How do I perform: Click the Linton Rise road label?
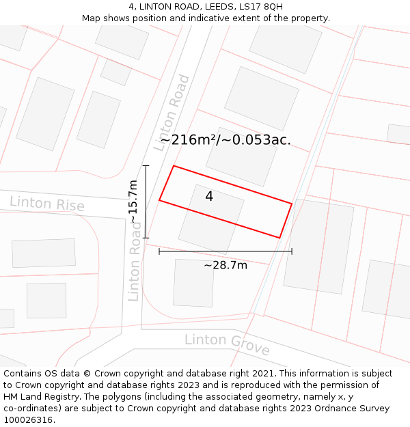click(47, 204)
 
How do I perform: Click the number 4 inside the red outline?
click(209, 197)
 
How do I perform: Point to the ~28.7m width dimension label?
click(225, 265)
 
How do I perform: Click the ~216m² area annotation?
click(225, 140)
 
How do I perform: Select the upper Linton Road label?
click(172, 113)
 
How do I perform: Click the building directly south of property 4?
click(193, 282)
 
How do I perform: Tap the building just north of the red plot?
click(242, 156)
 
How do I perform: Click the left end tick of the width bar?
click(159, 251)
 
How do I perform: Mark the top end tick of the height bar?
click(146, 165)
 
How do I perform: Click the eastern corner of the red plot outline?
click(292, 204)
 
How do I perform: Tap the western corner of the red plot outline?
click(159, 200)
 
